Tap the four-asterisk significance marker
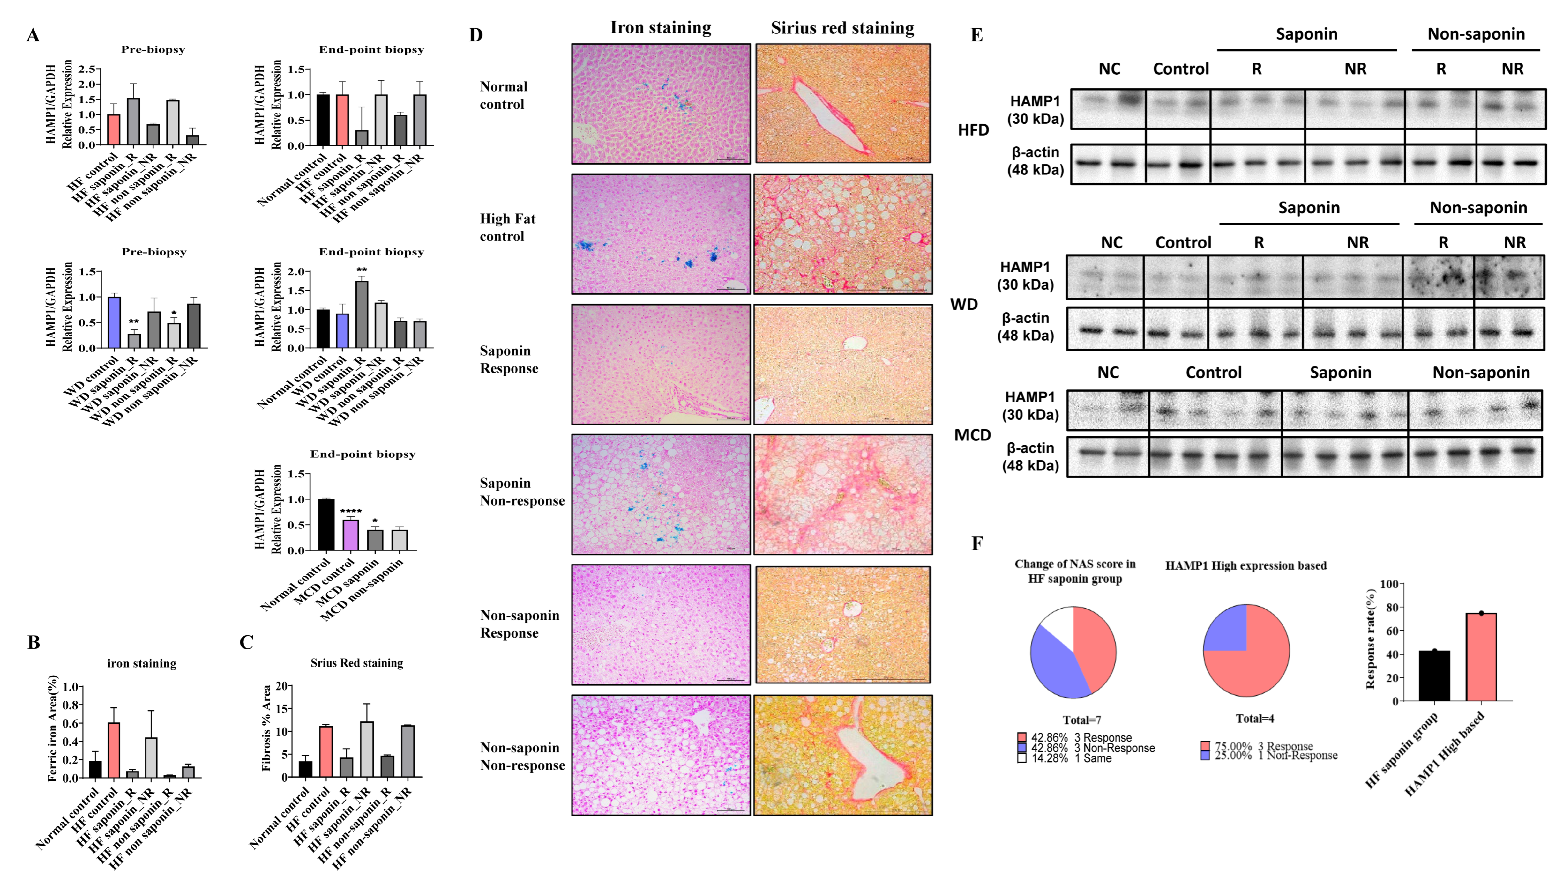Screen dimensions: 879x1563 tap(351, 511)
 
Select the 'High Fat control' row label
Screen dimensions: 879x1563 tap(507, 227)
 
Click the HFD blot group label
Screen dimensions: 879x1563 tap(973, 130)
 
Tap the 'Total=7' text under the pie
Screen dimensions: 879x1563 tap(1081, 720)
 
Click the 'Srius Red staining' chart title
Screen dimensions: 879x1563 tap(357, 663)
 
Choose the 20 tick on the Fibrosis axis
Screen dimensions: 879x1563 tap(281, 686)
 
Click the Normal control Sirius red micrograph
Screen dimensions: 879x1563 tap(843, 103)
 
